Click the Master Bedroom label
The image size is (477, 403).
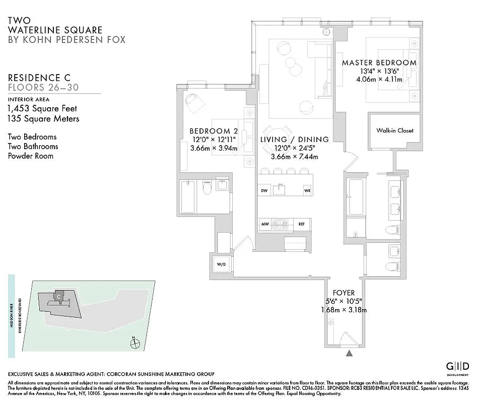coord(379,63)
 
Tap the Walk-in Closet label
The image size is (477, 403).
coord(394,130)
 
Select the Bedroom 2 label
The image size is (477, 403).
coord(214,131)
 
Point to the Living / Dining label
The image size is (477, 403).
coord(294,140)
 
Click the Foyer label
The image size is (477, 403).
coord(344,293)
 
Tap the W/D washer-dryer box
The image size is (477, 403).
coord(221,264)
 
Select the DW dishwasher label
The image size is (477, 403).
coord(264,190)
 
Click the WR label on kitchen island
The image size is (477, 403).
coord(307,190)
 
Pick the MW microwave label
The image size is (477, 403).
coord(265,224)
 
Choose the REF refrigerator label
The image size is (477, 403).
coord(301,224)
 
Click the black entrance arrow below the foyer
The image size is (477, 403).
coord(349,354)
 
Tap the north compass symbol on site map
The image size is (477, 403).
coord(134,344)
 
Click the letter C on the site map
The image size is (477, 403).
coord(59,296)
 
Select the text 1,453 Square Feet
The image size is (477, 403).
coord(42,108)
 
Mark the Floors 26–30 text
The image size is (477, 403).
coord(43,88)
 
